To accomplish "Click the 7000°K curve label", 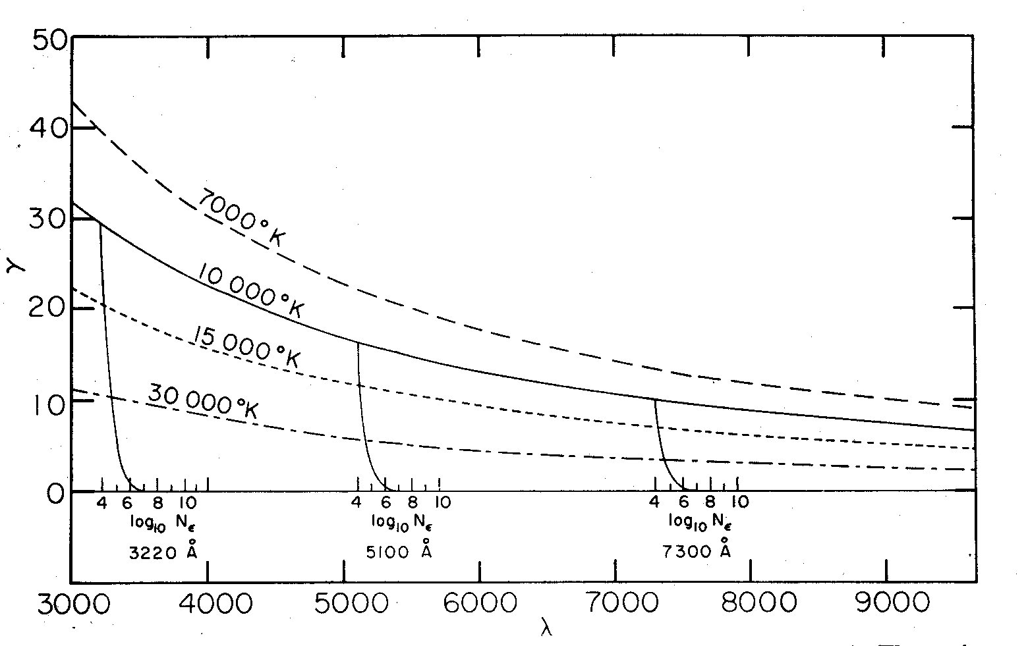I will click(242, 217).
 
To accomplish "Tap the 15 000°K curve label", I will click(245, 346).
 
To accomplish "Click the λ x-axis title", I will click(546, 629).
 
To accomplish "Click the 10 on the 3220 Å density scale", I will click(186, 503).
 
